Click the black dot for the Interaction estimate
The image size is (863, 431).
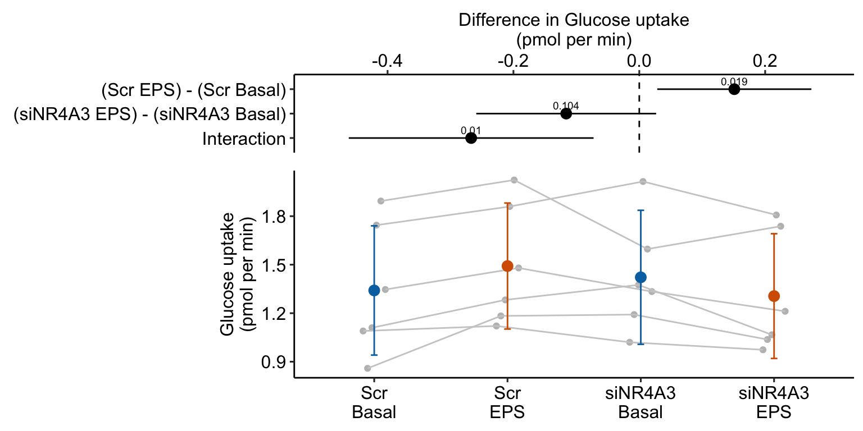471,138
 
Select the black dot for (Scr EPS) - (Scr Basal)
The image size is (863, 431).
734,89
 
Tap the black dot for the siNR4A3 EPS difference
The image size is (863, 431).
566,113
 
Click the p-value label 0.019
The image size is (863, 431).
734,82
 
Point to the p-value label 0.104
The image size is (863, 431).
566,106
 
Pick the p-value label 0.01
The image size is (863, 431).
471,131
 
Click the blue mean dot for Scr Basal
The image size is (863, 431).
374,290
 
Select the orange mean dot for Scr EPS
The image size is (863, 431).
507,266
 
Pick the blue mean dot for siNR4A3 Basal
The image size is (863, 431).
641,277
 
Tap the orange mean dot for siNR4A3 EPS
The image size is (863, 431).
774,296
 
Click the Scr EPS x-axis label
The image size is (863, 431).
507,403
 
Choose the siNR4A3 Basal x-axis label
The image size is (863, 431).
641,403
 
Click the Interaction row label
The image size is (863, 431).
244,139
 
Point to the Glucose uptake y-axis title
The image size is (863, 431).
236,274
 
